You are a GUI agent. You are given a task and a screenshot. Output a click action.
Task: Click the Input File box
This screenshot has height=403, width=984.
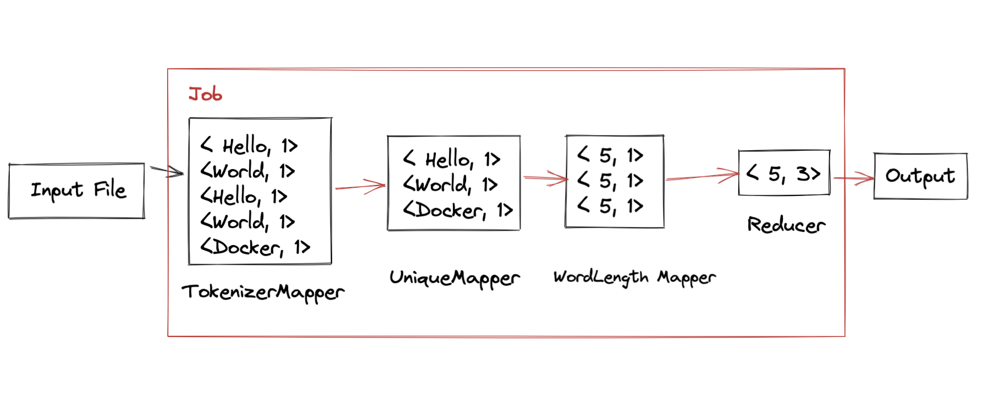tap(76, 190)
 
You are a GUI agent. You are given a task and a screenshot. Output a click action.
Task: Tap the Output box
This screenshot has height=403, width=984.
tap(920, 176)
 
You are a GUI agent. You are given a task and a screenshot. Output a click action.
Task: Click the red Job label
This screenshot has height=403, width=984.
tap(205, 94)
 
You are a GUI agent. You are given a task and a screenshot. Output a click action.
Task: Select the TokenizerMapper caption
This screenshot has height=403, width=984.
tap(263, 292)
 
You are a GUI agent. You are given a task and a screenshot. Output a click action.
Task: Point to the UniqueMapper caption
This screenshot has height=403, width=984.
tap(454, 278)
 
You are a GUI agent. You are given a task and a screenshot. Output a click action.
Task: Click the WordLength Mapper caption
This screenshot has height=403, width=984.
tap(634, 277)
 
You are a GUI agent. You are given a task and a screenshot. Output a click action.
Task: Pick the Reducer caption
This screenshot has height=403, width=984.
tap(786, 225)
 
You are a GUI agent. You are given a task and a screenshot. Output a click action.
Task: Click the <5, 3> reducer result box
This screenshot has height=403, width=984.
tap(784, 173)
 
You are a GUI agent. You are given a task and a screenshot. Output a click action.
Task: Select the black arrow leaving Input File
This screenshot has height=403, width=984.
tap(166, 171)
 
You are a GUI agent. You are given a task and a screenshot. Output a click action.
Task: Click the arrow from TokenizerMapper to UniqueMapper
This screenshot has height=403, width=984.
tap(360, 186)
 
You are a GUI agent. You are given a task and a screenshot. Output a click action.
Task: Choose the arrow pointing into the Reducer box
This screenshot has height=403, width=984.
tap(702, 176)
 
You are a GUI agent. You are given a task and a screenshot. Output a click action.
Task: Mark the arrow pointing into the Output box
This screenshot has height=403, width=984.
tap(853, 178)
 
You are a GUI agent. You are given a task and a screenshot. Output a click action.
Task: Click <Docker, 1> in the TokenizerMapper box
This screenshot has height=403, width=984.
tap(255, 247)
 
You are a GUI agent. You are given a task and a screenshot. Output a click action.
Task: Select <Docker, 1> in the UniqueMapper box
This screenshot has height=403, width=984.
tap(458, 210)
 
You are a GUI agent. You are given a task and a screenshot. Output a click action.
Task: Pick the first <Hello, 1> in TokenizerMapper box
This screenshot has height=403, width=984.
tap(249, 146)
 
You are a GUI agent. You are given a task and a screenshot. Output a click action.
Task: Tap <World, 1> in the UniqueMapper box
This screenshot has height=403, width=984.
tap(450, 184)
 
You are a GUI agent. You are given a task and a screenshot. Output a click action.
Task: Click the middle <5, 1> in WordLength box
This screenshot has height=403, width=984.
tap(610, 180)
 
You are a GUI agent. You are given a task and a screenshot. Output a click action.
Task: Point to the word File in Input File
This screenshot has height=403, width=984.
tap(110, 190)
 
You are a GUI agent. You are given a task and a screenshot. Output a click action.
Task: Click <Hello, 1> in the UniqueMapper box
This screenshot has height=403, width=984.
tap(451, 159)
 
